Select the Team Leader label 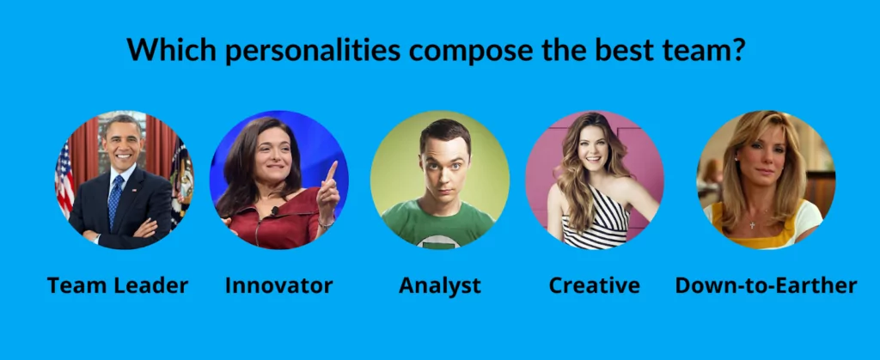coord(117,285)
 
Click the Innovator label coord(279,285)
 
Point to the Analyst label coord(440,286)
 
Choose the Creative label coord(595,285)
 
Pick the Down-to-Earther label coord(766,285)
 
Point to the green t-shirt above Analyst coord(437,223)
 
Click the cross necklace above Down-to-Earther coord(753,225)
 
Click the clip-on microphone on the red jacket coord(274,211)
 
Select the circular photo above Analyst coord(440,180)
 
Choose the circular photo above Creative coord(595,180)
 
